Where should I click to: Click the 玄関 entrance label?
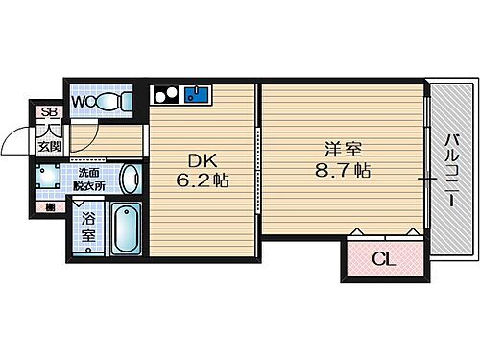(x=49, y=146)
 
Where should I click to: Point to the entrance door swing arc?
(x=17, y=141)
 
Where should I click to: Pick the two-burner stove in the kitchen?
(x=165, y=94)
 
